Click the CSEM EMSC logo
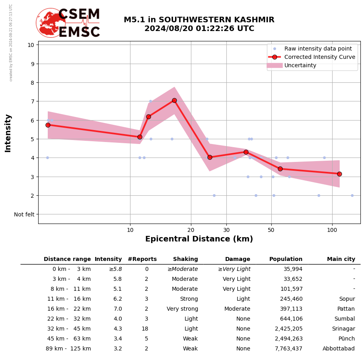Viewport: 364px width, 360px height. (x=68, y=23)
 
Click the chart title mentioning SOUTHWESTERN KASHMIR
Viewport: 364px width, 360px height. (x=199, y=24)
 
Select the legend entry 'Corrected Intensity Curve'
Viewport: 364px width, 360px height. (x=319, y=57)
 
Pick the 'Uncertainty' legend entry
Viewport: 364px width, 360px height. (x=300, y=65)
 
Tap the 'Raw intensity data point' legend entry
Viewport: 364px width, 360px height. (x=318, y=49)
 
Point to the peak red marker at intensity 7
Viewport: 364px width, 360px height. (x=174, y=100)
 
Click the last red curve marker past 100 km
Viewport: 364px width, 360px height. (x=339, y=174)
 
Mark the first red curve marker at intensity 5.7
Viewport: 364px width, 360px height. (x=48, y=125)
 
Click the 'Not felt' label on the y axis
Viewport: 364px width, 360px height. (x=24, y=214)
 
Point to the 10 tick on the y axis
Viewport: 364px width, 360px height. (x=31, y=45)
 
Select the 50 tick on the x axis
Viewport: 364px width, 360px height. (x=271, y=230)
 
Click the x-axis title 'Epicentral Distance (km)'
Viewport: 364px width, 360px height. (x=199, y=239)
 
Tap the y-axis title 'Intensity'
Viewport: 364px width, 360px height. (x=8, y=133)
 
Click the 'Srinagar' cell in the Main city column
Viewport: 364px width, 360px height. (x=343, y=329)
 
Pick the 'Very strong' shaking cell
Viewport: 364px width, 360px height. (x=182, y=309)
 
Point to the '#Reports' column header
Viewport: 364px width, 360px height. (x=142, y=259)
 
